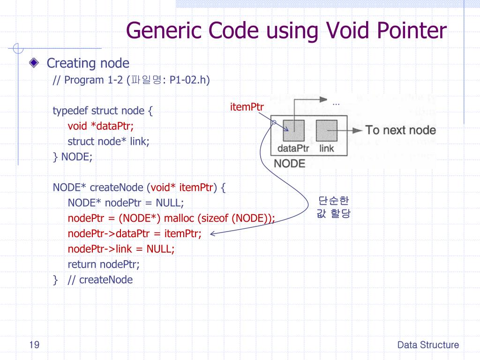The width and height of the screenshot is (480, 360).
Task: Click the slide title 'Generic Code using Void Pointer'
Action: (286, 31)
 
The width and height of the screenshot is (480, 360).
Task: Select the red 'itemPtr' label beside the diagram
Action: (247, 107)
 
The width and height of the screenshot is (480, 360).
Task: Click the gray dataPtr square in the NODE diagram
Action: (293, 130)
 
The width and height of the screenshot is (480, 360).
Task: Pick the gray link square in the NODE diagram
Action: (326, 130)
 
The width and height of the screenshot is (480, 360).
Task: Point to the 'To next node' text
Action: (400, 130)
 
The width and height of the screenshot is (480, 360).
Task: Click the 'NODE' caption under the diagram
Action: (289, 164)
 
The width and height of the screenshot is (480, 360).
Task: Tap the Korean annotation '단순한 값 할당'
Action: (334, 207)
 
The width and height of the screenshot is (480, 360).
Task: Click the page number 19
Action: (34, 345)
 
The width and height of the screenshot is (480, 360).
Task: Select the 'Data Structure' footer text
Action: (428, 345)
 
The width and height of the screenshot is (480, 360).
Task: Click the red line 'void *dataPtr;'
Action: (101, 126)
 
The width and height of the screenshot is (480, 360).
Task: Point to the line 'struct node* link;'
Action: (109, 141)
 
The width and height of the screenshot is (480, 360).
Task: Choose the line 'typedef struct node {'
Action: (103, 111)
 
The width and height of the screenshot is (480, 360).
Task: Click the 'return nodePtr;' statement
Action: (104, 264)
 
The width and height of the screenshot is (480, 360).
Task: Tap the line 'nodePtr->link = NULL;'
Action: (121, 249)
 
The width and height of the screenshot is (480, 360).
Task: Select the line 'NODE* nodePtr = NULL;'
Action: (126, 203)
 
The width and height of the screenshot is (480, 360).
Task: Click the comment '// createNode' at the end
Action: (106, 280)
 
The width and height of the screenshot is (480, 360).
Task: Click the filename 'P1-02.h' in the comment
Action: (187, 80)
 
